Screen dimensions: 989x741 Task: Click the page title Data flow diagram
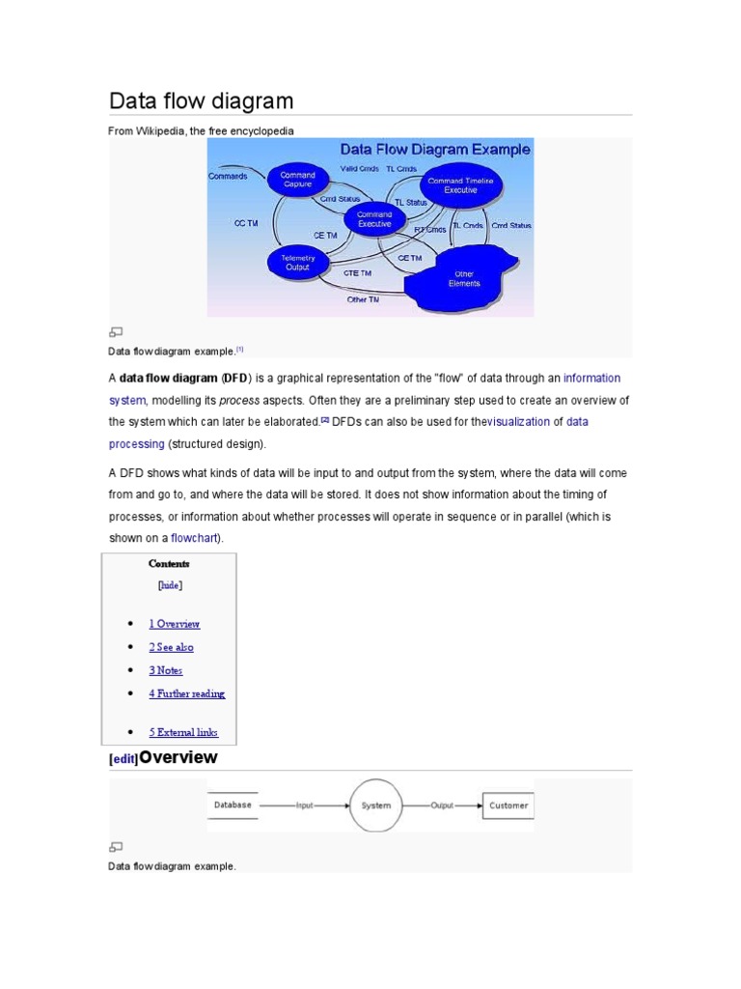tap(201, 101)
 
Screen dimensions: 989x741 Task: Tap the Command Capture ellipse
tap(297, 181)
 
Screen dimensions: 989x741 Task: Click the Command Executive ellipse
tap(374, 219)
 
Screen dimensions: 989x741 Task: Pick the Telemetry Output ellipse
tap(297, 263)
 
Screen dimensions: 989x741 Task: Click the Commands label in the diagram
tap(228, 176)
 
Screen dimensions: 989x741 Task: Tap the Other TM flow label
tap(363, 299)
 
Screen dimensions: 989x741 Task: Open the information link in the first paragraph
tap(591, 378)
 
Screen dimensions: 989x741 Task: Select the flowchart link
tap(195, 538)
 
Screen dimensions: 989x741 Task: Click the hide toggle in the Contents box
tap(169, 584)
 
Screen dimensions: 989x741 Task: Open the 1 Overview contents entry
tap(175, 624)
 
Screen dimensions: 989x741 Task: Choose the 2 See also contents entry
tap(172, 647)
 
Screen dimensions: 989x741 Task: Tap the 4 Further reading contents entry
tap(187, 693)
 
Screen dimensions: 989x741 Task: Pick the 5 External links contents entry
tap(183, 732)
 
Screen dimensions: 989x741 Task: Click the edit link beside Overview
tap(123, 760)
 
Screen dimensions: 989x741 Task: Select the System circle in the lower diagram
tap(375, 805)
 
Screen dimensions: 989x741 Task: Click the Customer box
tap(508, 805)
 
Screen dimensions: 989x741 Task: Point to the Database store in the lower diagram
tap(233, 805)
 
